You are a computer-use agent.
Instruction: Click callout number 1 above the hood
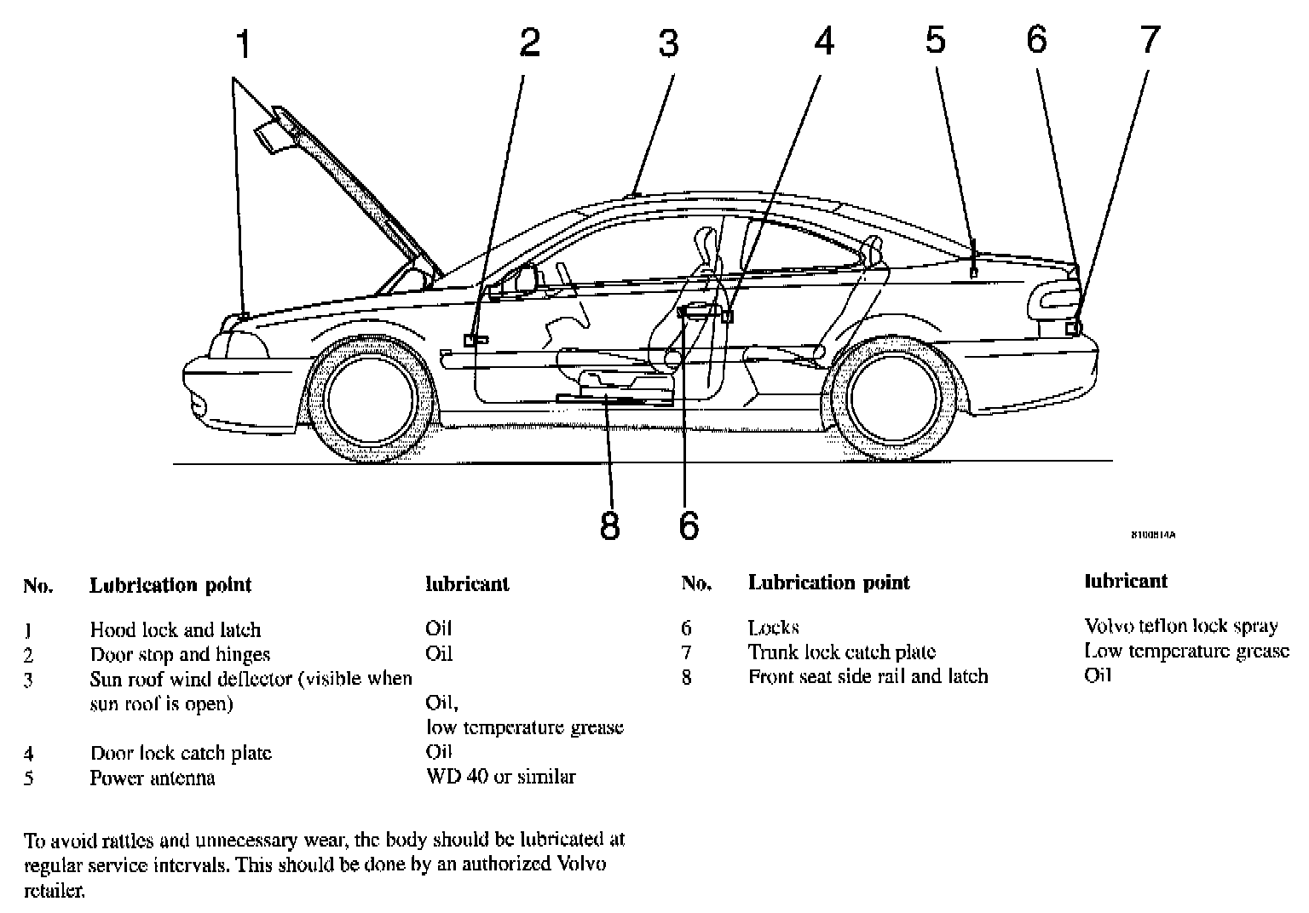[245, 45]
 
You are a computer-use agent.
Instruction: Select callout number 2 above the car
[530, 43]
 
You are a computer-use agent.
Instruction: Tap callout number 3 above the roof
[669, 43]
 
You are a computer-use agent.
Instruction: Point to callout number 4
[824, 41]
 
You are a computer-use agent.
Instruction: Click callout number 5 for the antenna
[936, 39]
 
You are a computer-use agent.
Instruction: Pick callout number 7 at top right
[1150, 39]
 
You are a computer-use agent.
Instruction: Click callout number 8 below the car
[609, 525]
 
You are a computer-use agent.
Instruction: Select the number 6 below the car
[689, 525]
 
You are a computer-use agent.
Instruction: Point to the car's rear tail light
[1055, 301]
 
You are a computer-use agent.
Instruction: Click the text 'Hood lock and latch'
[176, 630]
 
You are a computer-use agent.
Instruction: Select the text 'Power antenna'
[153, 778]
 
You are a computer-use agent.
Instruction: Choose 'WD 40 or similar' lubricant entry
[500, 777]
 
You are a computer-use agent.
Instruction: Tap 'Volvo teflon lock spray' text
[1180, 627]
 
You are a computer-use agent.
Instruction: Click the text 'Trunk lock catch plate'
[842, 652]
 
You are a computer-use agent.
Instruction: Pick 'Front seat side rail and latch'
[868, 676]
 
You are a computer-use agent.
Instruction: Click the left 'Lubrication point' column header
[170, 585]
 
